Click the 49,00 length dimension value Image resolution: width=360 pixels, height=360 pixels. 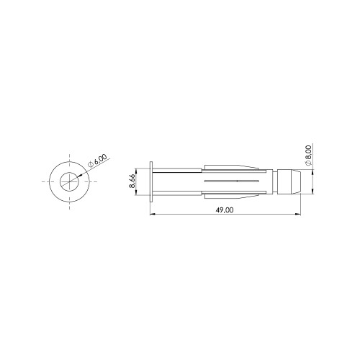click(x=225, y=210)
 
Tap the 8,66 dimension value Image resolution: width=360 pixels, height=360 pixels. click(x=132, y=181)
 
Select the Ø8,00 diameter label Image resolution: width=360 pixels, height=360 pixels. click(x=308, y=156)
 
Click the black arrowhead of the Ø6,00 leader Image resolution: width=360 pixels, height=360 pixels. click(x=80, y=176)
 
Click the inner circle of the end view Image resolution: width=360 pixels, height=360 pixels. click(x=69, y=172)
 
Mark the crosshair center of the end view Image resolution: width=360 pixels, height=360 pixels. click(x=69, y=181)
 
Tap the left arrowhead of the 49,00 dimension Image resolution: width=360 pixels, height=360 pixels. click(x=153, y=214)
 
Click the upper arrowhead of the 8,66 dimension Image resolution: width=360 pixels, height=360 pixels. click(x=136, y=171)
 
